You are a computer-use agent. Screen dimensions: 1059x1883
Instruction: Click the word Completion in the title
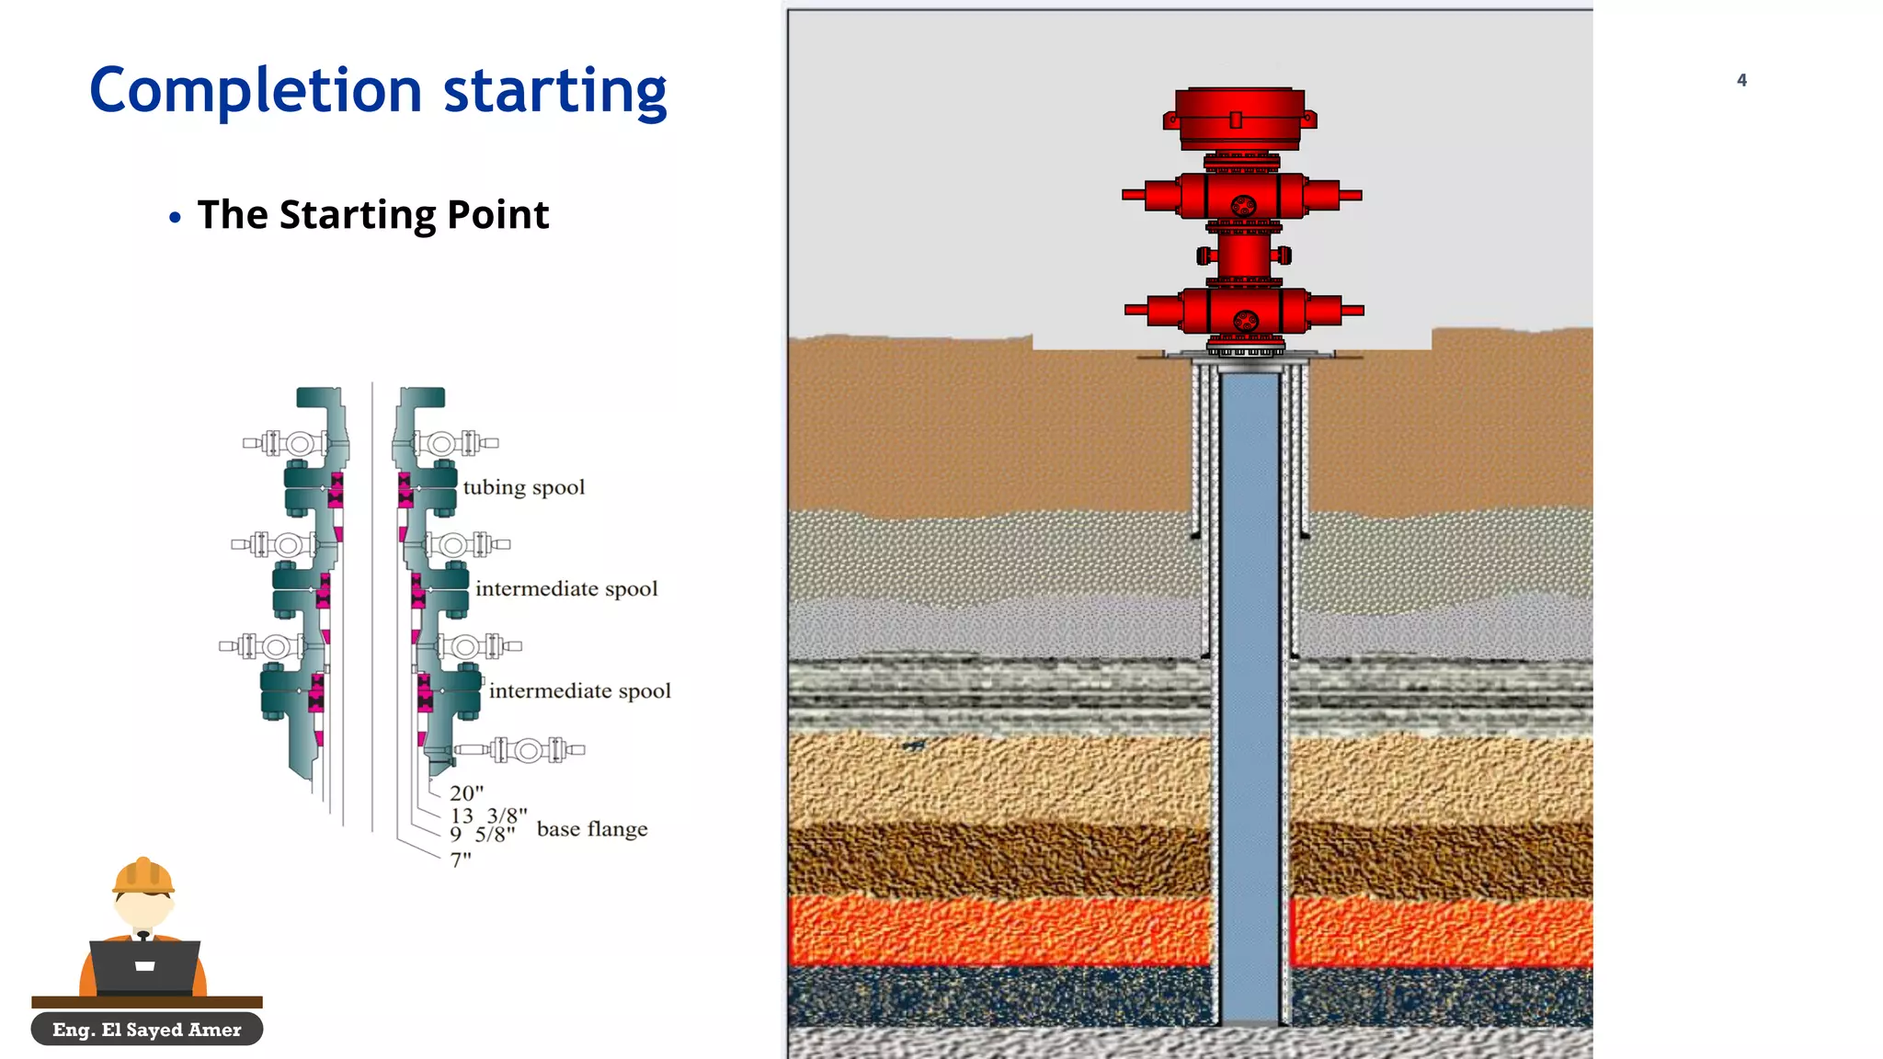coord(256,91)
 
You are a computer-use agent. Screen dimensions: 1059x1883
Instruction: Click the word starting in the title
coord(554,91)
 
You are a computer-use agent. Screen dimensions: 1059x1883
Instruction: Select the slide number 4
coord(1741,80)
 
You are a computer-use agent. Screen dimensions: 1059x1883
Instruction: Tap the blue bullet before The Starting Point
coord(175,218)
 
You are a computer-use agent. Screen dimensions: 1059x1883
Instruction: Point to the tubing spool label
coord(523,487)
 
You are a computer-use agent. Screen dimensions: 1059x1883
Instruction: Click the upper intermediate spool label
coord(566,588)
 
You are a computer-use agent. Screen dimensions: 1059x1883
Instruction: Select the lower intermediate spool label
coord(579,690)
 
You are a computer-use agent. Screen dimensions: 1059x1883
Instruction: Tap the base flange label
coord(592,829)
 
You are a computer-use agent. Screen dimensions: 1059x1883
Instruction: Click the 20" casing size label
coord(466,792)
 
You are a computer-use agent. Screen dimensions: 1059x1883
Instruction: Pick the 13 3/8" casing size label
coord(488,815)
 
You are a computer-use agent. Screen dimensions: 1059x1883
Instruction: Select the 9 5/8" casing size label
coord(483,835)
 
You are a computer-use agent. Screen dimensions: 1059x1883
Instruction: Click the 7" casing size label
coord(461,860)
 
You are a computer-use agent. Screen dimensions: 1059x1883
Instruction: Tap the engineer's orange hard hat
coord(143,876)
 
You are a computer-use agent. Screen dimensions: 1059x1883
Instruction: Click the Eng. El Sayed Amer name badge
coord(147,1030)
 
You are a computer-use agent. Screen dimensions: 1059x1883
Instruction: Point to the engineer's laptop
coord(145,966)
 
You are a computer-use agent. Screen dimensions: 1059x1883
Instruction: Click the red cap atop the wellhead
coord(1239,118)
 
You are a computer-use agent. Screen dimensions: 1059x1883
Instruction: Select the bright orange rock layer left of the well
coord(998,930)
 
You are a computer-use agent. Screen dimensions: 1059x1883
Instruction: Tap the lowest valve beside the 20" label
coord(527,750)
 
